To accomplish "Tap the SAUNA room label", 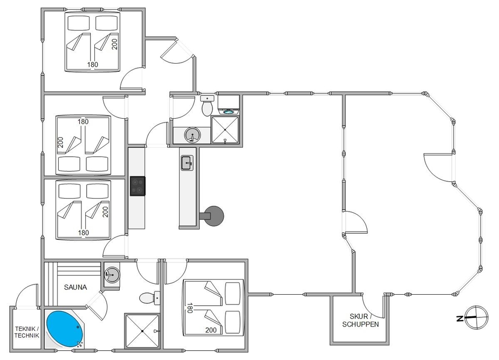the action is tap(76, 287).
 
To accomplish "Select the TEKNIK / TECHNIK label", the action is tap(27, 332).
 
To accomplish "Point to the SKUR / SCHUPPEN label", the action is tap(360, 320).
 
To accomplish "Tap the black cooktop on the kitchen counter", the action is tap(138, 186).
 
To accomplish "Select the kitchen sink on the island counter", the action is tap(187, 163).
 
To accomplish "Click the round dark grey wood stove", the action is tap(214, 216).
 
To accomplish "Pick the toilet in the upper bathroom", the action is tap(207, 106).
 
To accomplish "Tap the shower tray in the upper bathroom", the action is tap(225, 130).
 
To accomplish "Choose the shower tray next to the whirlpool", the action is tap(142, 331).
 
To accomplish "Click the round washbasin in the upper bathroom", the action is tap(192, 134).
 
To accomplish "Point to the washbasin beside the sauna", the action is tap(111, 274).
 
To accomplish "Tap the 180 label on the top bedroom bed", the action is tap(93, 65).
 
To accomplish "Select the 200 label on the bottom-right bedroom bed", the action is tap(211, 330).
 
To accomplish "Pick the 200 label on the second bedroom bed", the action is tap(60, 142).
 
